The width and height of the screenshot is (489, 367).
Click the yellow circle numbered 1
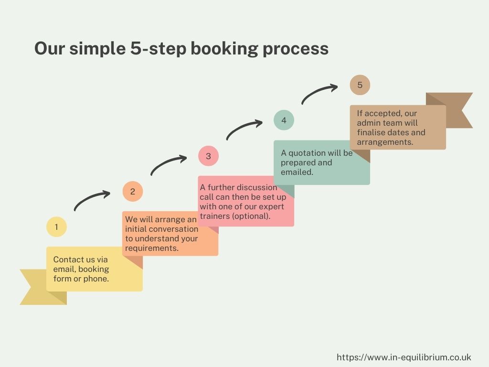coord(56,227)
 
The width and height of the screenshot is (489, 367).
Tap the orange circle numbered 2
coord(133,191)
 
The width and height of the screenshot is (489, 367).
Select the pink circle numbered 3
coord(208,156)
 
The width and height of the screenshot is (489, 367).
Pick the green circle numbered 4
coord(284,120)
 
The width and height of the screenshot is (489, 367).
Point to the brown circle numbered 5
coord(360,85)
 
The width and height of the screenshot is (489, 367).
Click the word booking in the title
coord(224,49)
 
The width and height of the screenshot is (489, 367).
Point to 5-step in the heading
coord(158,49)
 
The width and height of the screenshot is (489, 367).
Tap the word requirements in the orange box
coord(152,248)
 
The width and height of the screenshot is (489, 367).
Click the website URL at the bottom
coord(404,357)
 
